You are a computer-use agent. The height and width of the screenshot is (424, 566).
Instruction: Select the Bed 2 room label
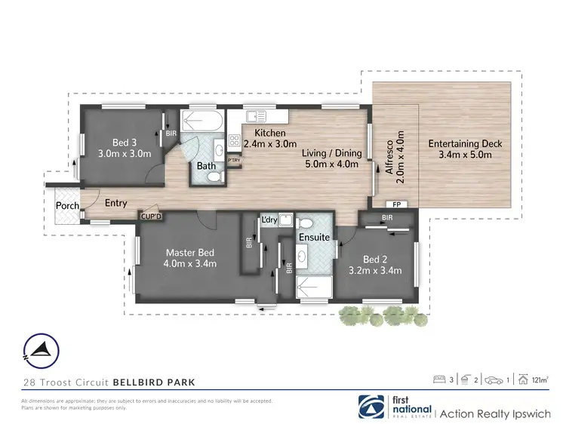pyautogui.click(x=374, y=264)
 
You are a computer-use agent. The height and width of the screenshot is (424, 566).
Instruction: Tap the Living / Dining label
pyautogui.click(x=332, y=158)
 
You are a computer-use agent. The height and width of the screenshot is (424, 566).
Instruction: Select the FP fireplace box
pyautogui.click(x=395, y=204)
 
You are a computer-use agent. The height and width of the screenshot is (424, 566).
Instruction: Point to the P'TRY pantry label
pyautogui.click(x=235, y=160)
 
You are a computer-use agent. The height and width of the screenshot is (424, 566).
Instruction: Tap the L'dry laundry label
pyautogui.click(x=269, y=220)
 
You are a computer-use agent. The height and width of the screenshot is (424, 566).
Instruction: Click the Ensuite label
pyautogui.click(x=315, y=237)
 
